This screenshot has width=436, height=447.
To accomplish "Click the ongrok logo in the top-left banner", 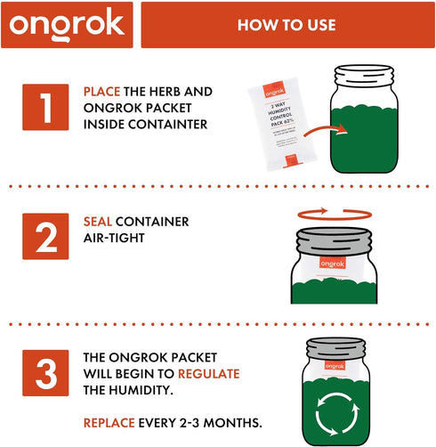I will click(x=69, y=25).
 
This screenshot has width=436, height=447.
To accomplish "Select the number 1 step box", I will click(x=45, y=107).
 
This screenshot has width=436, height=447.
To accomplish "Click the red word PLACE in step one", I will click(x=101, y=92).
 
